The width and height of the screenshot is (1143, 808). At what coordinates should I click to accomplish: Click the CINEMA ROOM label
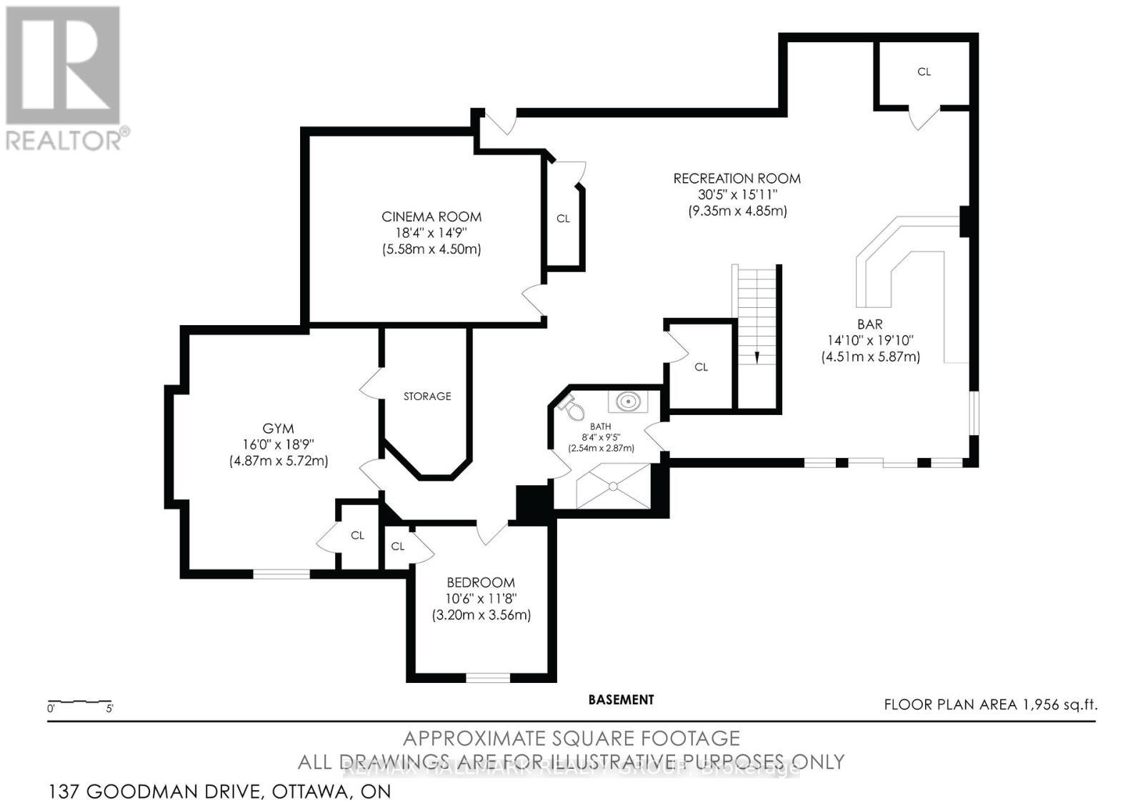431,216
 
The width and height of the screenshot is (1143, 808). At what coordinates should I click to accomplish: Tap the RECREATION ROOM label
737,179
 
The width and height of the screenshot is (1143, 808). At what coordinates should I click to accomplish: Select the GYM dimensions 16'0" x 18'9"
278,444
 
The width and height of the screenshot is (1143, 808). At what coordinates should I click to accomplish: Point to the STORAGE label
427,396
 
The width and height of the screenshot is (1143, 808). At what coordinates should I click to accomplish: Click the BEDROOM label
481,582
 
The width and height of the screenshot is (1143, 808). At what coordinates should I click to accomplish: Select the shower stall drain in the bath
613,487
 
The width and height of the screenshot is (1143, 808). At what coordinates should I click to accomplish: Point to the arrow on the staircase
757,357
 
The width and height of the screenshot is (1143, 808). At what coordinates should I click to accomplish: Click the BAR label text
869,324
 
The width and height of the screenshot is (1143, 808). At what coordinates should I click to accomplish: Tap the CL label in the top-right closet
924,72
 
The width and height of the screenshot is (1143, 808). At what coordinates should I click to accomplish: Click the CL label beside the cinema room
563,219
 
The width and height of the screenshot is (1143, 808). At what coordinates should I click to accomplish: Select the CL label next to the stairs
701,367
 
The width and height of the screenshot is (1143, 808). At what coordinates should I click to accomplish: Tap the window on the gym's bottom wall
281,573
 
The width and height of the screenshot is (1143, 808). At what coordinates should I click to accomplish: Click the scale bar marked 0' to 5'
79,702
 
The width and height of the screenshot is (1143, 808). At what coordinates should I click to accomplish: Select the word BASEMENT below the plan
621,700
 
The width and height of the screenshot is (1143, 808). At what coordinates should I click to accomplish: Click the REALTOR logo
64,79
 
